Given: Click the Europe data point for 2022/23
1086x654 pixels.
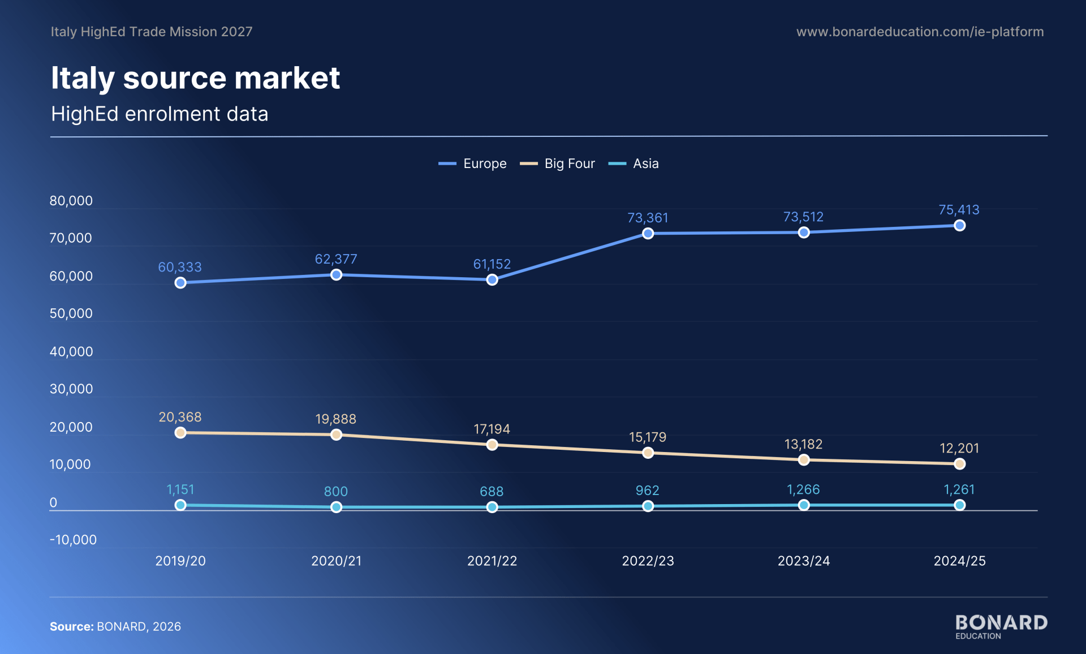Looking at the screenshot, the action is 648,234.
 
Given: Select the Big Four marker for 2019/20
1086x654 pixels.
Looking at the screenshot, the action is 180,433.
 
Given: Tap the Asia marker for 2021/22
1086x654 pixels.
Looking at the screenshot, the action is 492,507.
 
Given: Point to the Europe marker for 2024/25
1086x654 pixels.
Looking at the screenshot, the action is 959,226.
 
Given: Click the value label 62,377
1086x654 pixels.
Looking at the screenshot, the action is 336,259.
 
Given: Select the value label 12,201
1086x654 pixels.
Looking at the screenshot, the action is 959,448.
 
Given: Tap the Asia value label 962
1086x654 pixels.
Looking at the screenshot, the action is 648,490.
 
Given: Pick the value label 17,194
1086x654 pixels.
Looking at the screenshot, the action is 492,429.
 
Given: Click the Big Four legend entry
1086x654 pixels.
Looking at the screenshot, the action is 557,163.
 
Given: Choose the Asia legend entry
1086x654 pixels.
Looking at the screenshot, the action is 633,163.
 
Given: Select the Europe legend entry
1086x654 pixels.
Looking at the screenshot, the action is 472,163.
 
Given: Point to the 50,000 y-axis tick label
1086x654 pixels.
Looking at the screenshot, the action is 71,313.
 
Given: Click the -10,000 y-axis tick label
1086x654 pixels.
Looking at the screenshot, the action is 73,540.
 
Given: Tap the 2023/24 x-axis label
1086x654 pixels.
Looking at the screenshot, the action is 804,561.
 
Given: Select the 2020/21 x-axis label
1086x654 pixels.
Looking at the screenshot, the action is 336,561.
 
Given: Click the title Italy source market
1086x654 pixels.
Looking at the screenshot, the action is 195,78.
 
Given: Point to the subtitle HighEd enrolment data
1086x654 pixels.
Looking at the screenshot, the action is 160,114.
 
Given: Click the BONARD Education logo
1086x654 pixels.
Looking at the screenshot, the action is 1001,627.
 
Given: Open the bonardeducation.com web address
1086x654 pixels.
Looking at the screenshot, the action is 920,32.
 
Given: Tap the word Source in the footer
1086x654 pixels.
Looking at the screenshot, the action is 72,626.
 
